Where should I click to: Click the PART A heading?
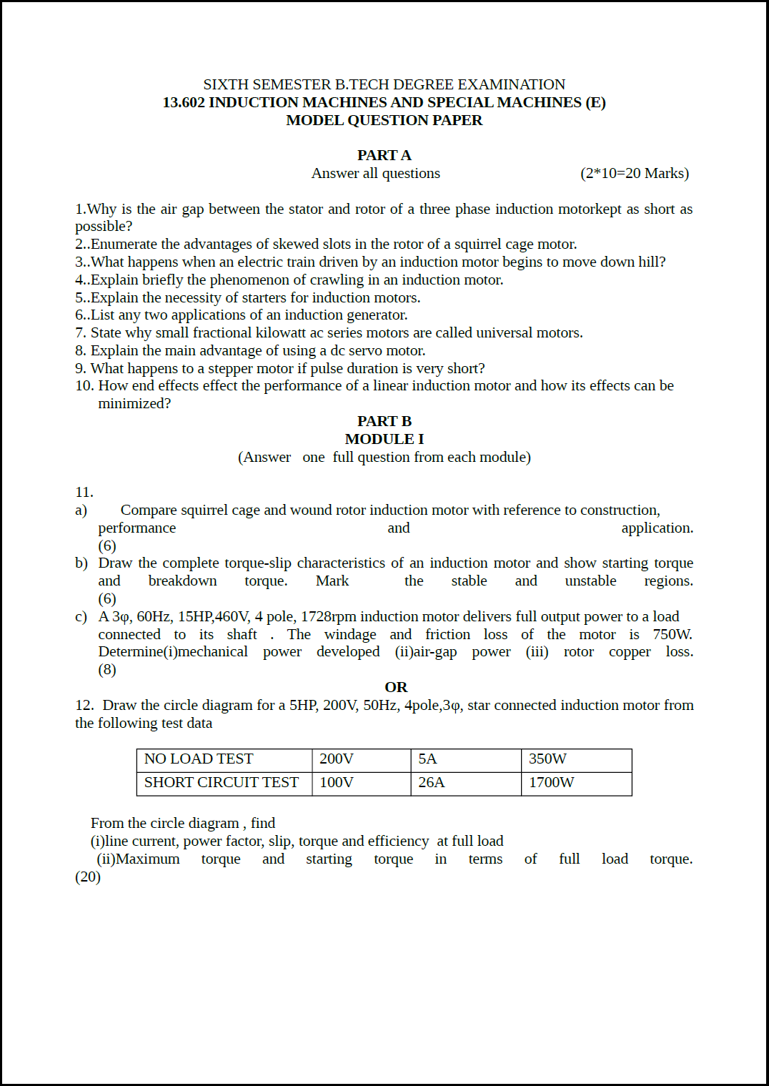[x=384, y=156]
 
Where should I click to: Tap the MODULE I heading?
[x=384, y=440]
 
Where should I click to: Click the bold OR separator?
[x=396, y=688]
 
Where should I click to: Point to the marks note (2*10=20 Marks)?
[x=635, y=174]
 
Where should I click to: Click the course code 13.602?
[x=184, y=103]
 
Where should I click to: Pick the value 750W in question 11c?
[x=672, y=635]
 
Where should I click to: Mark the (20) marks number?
[x=88, y=877]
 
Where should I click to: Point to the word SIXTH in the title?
[x=226, y=85]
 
